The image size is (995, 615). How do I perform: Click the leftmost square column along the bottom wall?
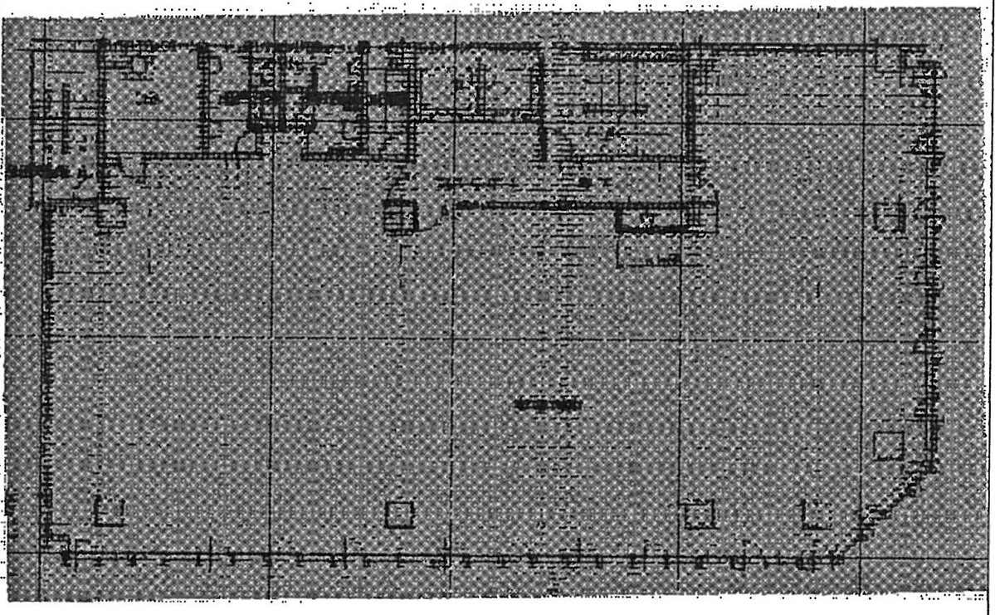click(x=109, y=511)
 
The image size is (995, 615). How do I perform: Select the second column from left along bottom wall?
click(x=399, y=514)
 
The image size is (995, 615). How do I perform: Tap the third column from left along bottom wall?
click(x=700, y=514)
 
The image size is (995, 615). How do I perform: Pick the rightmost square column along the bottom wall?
click(x=817, y=515)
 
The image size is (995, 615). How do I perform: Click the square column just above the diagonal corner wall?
click(x=889, y=445)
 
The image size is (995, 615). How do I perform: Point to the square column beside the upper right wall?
click(x=890, y=215)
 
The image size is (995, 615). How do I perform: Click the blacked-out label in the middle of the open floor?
click(x=547, y=404)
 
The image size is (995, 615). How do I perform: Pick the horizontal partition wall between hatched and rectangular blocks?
click(x=531, y=204)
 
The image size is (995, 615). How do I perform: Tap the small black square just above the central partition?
click(x=585, y=181)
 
